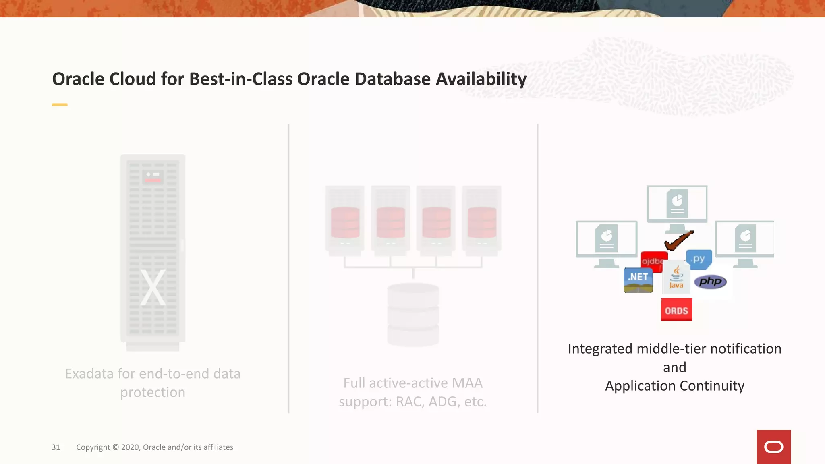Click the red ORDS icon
point(676,309)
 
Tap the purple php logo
point(710,282)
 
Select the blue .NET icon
point(638,280)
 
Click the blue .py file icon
point(699,259)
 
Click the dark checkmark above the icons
point(679,240)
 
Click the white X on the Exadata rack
point(153,287)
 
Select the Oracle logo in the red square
point(773,447)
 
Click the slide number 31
point(56,447)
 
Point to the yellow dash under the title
point(60,105)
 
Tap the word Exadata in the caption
point(89,374)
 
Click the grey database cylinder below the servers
point(413,314)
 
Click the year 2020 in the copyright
point(130,447)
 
